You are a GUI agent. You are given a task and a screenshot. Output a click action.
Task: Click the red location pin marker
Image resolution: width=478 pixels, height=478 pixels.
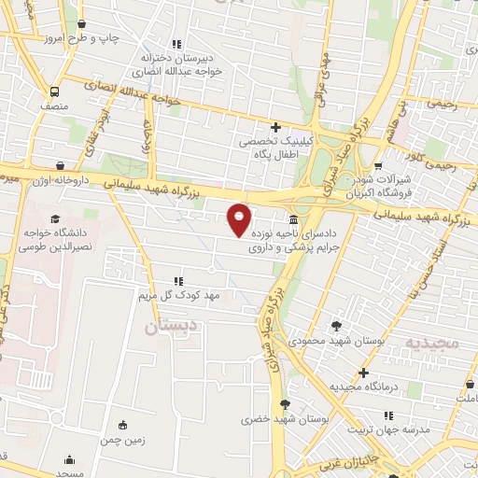pos(240,218)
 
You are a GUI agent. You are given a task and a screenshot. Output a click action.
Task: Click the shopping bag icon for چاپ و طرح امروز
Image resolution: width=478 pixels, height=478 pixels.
pos(82,24)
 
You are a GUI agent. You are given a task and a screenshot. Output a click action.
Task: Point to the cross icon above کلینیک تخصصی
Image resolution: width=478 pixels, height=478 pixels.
pos(275,127)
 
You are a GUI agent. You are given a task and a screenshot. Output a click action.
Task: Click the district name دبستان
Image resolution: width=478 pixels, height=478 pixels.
pos(173,328)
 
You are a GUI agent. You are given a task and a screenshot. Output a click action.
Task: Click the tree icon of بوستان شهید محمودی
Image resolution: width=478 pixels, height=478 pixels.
pos(336,326)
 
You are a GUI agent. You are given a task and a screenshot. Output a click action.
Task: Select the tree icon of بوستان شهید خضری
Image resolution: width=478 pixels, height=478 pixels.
pos(286,404)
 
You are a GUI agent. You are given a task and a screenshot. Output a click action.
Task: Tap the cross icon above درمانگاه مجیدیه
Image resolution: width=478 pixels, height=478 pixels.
pos(363,373)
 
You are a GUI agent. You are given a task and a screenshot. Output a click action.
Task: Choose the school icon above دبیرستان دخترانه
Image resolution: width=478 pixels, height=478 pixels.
pos(177,44)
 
